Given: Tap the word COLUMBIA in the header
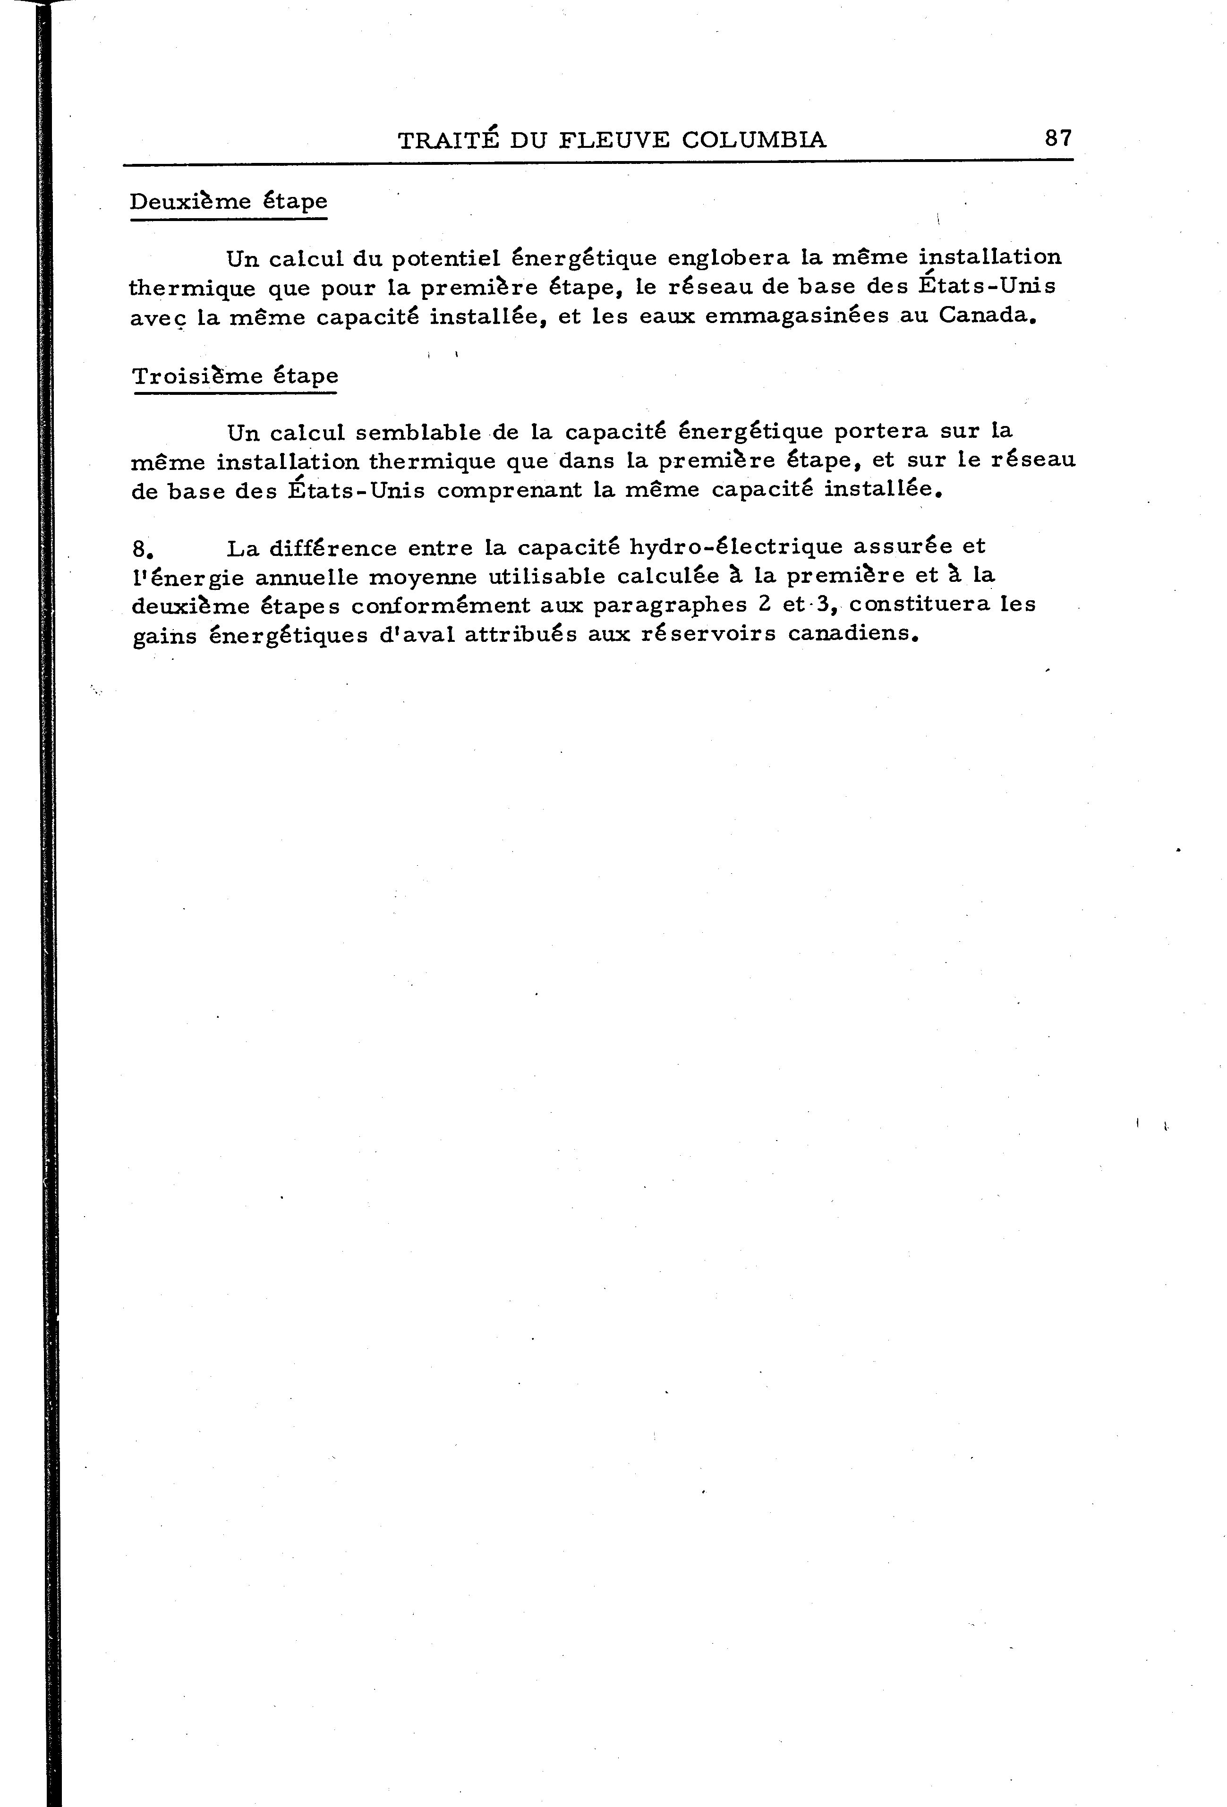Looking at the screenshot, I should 753,140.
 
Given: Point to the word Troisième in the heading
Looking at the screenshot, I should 197,377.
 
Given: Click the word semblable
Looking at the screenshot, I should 418,432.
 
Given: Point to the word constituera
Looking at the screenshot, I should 920,605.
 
